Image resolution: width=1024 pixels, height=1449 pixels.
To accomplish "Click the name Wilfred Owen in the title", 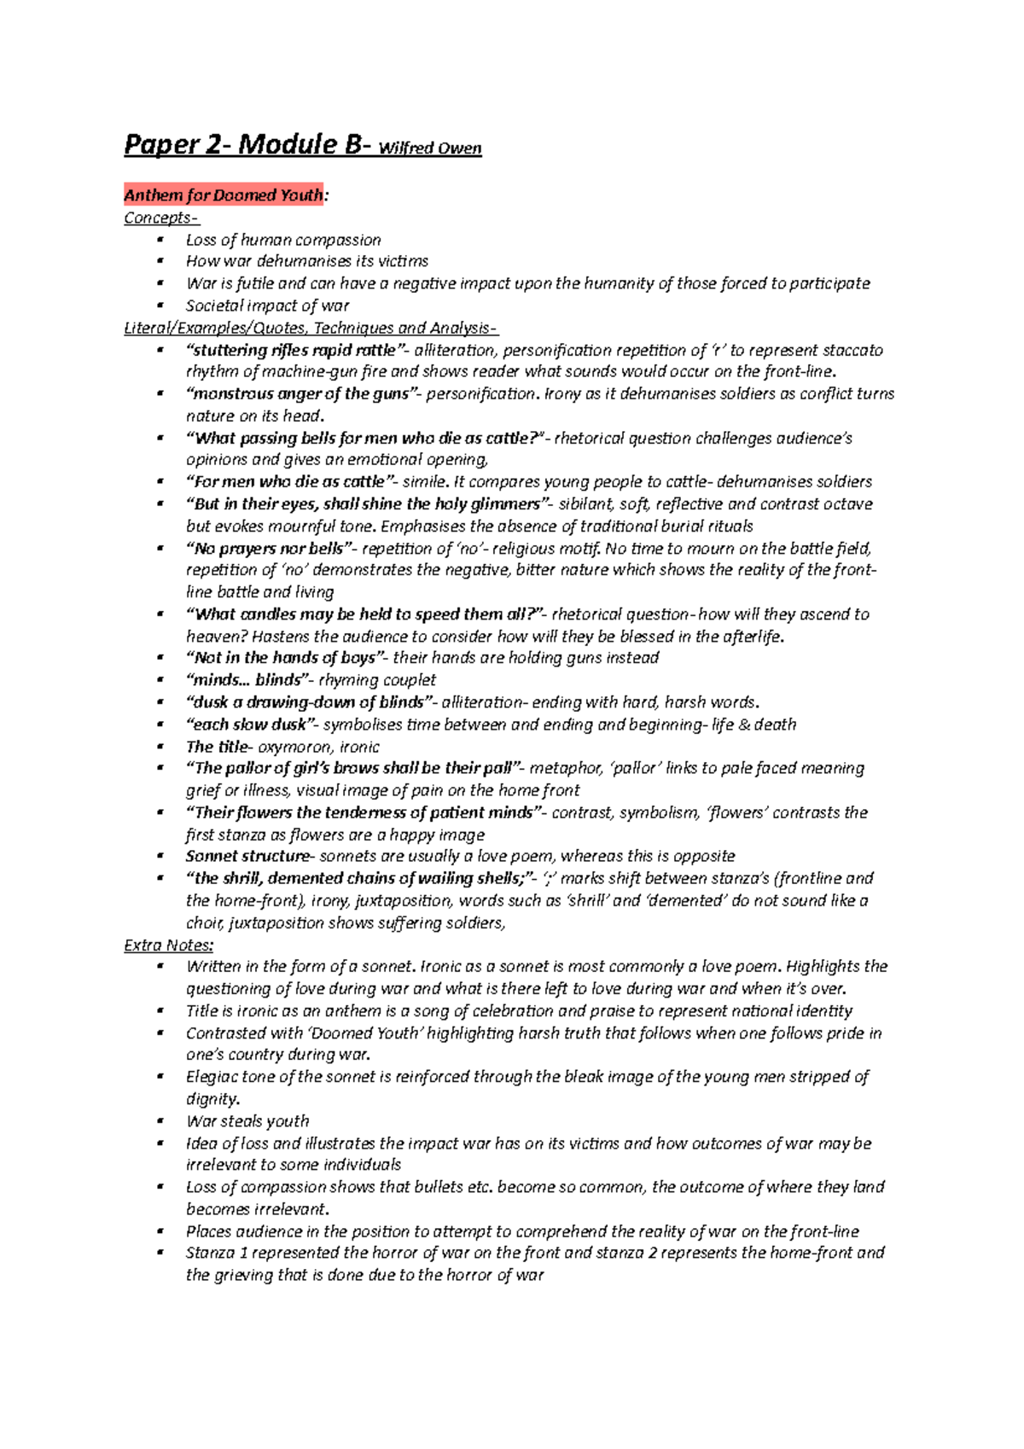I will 429,148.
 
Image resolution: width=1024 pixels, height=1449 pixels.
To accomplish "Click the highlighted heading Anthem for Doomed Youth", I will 224,195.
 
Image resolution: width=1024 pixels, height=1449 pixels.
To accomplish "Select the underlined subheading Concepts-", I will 161,218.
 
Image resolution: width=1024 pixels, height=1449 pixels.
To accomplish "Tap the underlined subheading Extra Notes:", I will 168,945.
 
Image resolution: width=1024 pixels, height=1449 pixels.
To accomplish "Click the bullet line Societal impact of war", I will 267,306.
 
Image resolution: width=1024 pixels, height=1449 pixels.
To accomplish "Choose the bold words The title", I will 218,747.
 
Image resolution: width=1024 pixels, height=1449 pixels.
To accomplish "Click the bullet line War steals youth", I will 247,1121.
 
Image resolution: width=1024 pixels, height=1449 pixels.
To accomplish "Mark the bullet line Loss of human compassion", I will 283,240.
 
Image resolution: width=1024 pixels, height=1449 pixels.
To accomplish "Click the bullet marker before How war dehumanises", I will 160,261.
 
